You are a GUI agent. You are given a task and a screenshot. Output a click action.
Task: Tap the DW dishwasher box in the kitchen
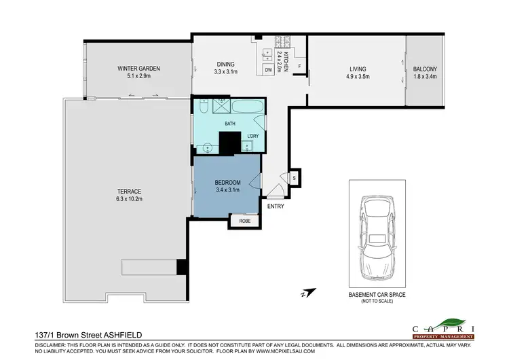269,69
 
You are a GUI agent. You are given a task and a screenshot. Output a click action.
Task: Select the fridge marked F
299,67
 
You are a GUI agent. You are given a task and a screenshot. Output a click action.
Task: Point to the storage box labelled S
295,178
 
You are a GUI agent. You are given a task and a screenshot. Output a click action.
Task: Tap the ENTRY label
276,206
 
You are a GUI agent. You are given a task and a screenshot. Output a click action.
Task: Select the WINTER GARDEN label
138,68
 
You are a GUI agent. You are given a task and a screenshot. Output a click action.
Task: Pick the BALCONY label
425,69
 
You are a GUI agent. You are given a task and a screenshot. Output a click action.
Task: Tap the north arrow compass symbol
305,293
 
